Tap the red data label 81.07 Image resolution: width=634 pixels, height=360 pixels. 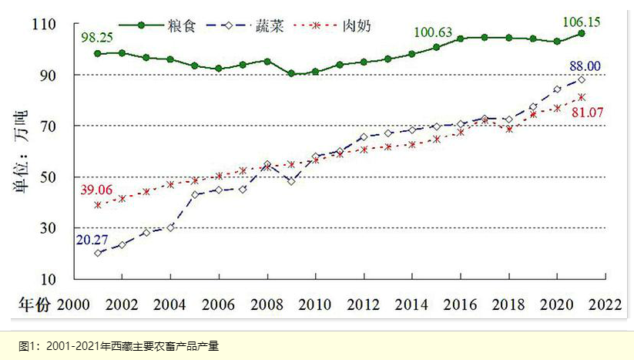[x=586, y=113]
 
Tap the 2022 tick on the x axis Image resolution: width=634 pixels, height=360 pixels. [x=603, y=304]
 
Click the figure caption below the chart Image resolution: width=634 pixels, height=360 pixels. [x=119, y=345]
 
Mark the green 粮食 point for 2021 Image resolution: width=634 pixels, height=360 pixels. [x=582, y=33]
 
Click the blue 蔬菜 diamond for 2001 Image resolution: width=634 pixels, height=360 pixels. [x=98, y=253]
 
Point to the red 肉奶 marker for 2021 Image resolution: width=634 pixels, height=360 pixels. [x=582, y=97]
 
